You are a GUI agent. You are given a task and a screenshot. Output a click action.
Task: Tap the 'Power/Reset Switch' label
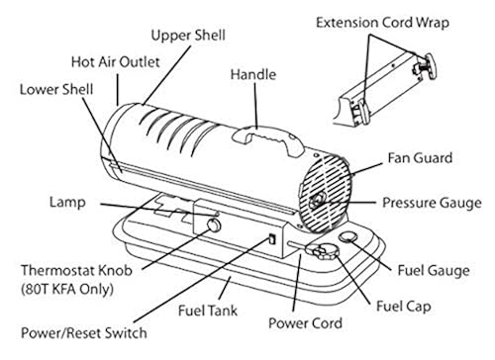click(x=87, y=333)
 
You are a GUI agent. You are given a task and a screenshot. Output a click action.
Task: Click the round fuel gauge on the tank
click(x=348, y=238)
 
